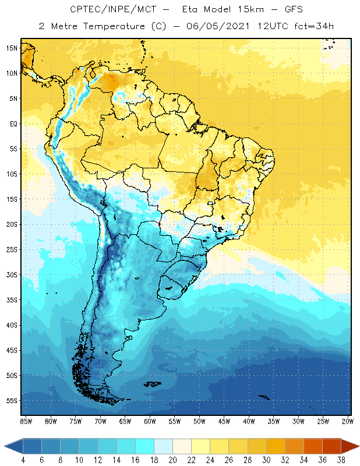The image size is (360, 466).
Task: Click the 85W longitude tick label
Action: click(x=26, y=421)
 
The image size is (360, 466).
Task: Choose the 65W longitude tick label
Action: click(x=125, y=421)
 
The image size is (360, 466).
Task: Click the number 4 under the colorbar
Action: click(x=23, y=460)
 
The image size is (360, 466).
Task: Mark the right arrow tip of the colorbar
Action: click(x=358, y=446)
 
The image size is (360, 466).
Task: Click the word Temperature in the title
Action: click(x=112, y=26)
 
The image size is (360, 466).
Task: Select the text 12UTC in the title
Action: click(x=262, y=26)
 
